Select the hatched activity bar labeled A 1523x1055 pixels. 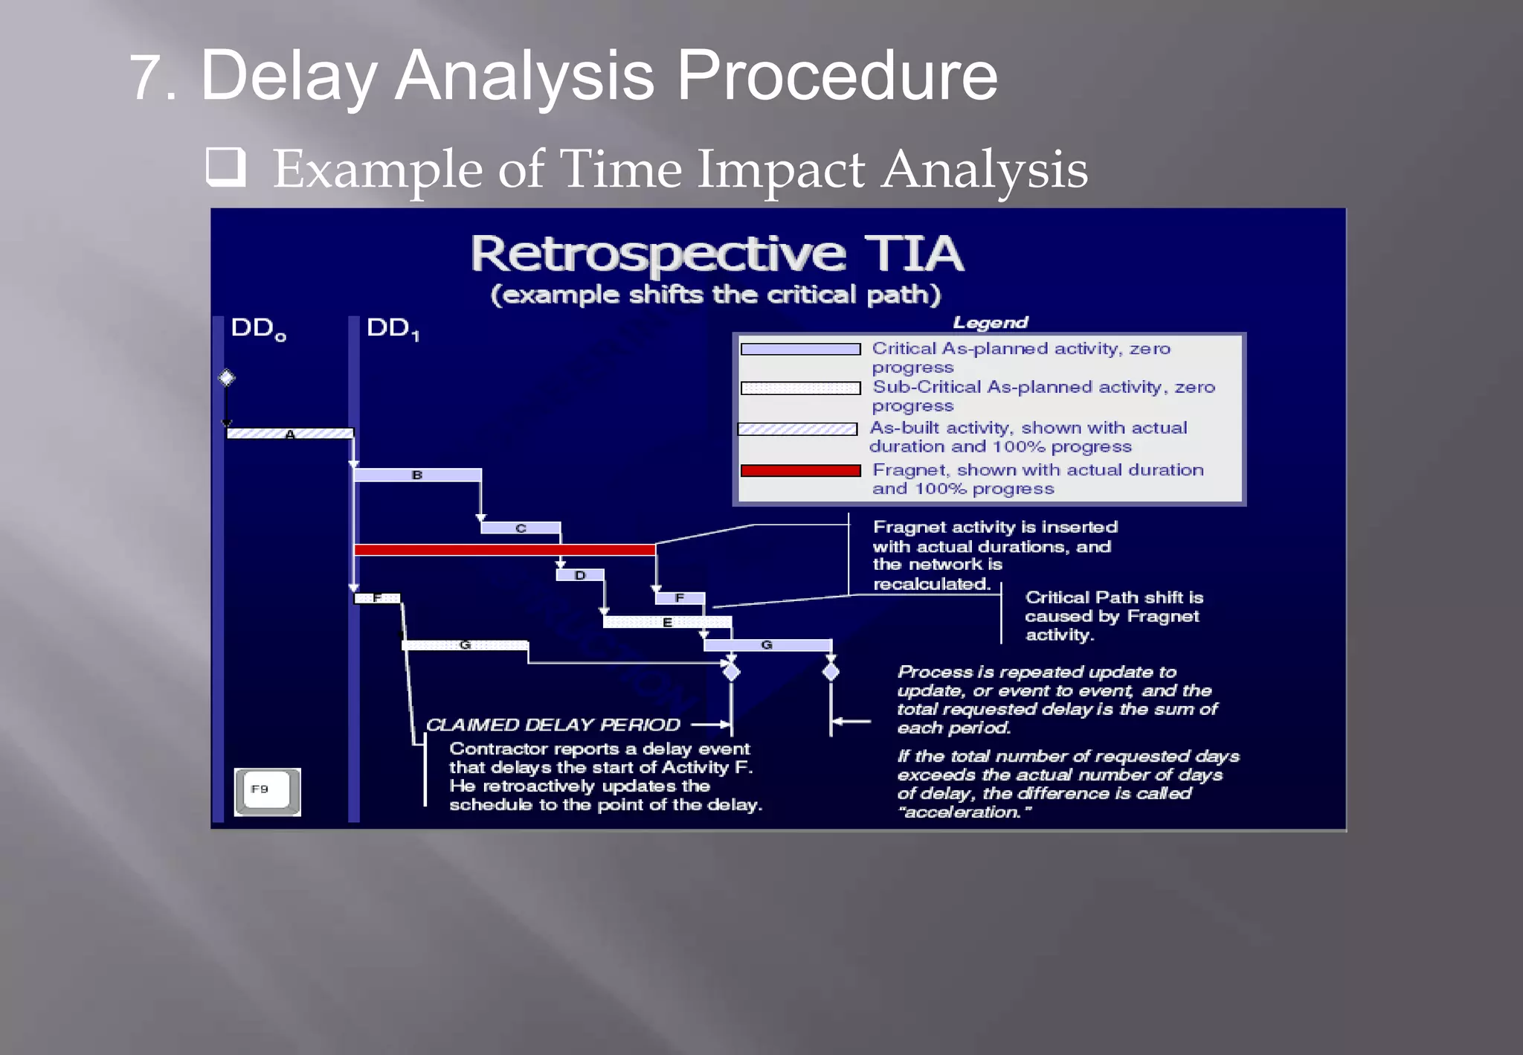pyautogui.click(x=290, y=434)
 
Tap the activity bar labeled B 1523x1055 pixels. pyautogui.click(x=417, y=475)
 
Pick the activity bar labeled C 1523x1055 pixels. pyautogui.click(x=521, y=527)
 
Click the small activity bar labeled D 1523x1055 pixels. pyautogui.click(x=580, y=575)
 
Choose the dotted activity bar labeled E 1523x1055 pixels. pyautogui.click(x=667, y=622)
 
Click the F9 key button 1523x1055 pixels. pyautogui.click(x=267, y=791)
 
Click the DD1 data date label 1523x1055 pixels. pyautogui.click(x=393, y=328)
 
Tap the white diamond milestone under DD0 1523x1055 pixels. pyautogui.click(x=227, y=378)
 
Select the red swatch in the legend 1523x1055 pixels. pyautogui.click(x=800, y=470)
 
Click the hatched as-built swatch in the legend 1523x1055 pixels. pyautogui.click(x=797, y=429)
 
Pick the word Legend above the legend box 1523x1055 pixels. pyautogui.click(x=990, y=322)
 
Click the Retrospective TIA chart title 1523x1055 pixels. pyautogui.click(x=717, y=254)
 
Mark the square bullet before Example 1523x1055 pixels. pyautogui.click(x=226, y=167)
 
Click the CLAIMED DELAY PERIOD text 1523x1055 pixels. pyautogui.click(x=553, y=725)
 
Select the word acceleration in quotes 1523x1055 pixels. pyautogui.click(x=965, y=812)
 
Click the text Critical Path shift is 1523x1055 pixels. pyautogui.click(x=1113, y=597)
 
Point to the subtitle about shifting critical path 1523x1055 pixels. pyautogui.click(x=715, y=295)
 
